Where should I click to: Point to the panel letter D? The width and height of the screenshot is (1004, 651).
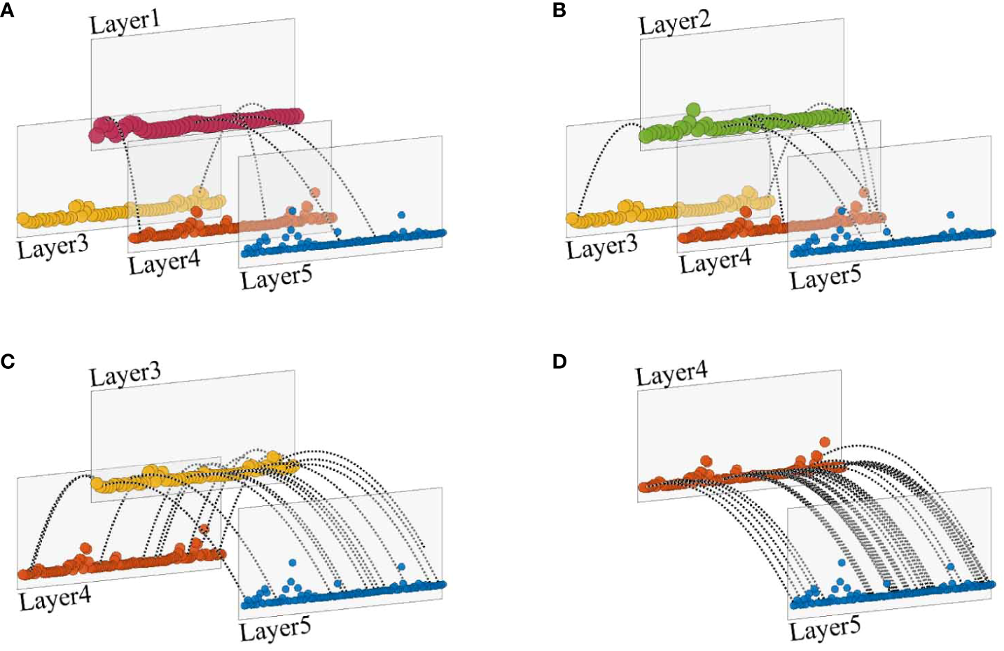pyautogui.click(x=559, y=361)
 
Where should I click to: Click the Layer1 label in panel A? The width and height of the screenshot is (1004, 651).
pyautogui.click(x=125, y=22)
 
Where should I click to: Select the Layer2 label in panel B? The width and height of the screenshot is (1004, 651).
pyautogui.click(x=674, y=22)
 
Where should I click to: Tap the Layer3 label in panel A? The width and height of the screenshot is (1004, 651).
pyautogui.click(x=53, y=247)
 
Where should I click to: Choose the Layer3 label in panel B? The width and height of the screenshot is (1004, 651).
pyautogui.click(x=601, y=247)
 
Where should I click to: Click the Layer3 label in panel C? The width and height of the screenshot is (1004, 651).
pyautogui.click(x=125, y=374)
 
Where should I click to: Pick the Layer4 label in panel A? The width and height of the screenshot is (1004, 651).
pyautogui.click(x=164, y=263)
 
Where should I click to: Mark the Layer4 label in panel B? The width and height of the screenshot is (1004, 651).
pyautogui.click(x=714, y=262)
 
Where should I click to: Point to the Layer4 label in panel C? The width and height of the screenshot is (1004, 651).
pyautogui.click(x=55, y=599)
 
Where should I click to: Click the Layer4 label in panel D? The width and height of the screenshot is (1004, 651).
pyautogui.click(x=671, y=374)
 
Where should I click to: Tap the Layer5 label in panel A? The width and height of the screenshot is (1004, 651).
pyautogui.click(x=276, y=278)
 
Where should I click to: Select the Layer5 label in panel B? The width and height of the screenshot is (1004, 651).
pyautogui.click(x=825, y=278)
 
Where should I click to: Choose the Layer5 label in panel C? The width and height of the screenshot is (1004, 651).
pyautogui.click(x=274, y=630)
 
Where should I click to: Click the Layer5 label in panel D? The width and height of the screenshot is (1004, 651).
pyautogui.click(x=824, y=630)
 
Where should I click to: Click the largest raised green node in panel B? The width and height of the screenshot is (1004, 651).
pyautogui.click(x=693, y=109)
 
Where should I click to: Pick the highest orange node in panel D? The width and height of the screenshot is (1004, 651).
pyautogui.click(x=824, y=442)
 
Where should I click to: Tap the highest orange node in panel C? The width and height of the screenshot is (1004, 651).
pyautogui.click(x=204, y=529)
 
